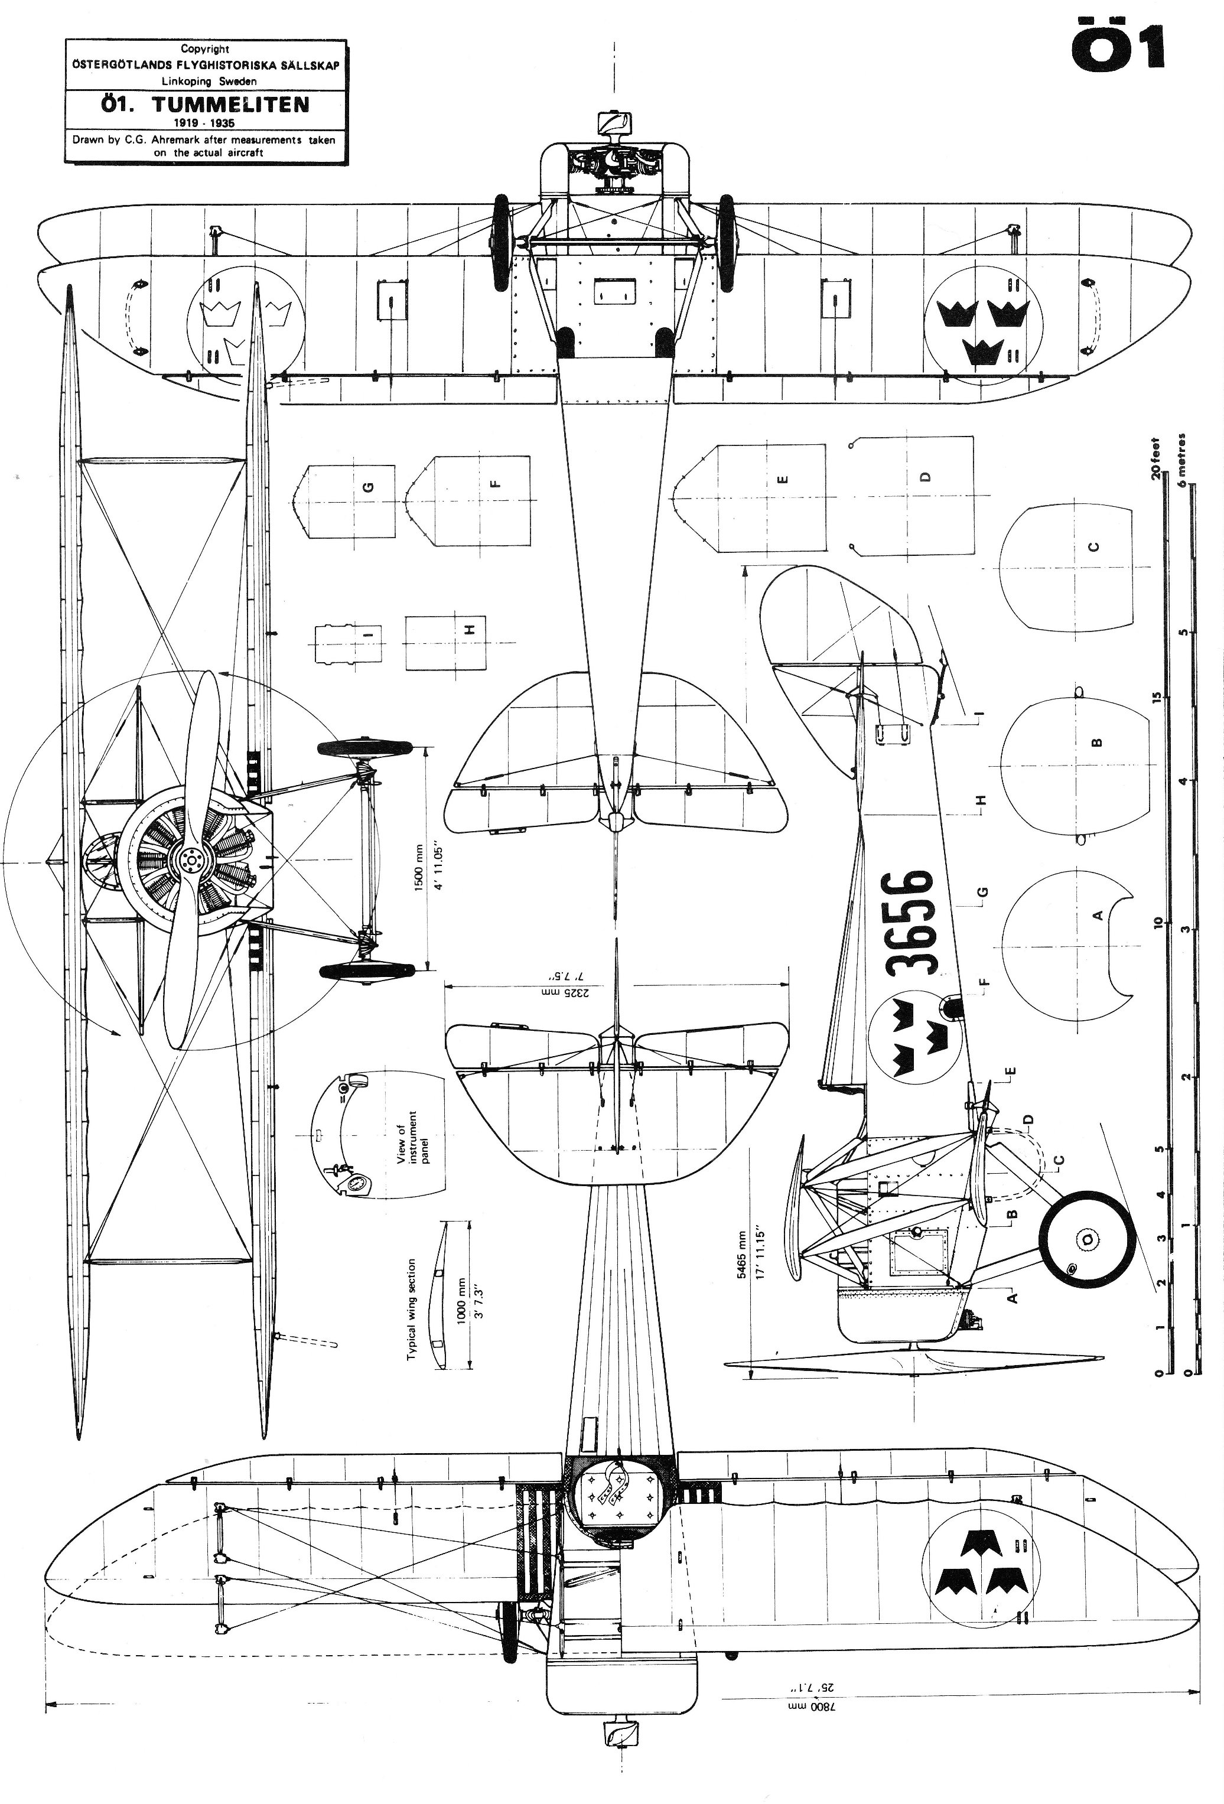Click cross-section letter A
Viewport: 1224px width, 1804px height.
[x=1098, y=916]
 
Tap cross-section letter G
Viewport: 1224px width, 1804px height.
[x=369, y=487]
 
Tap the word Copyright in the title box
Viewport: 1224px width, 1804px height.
[x=205, y=49]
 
